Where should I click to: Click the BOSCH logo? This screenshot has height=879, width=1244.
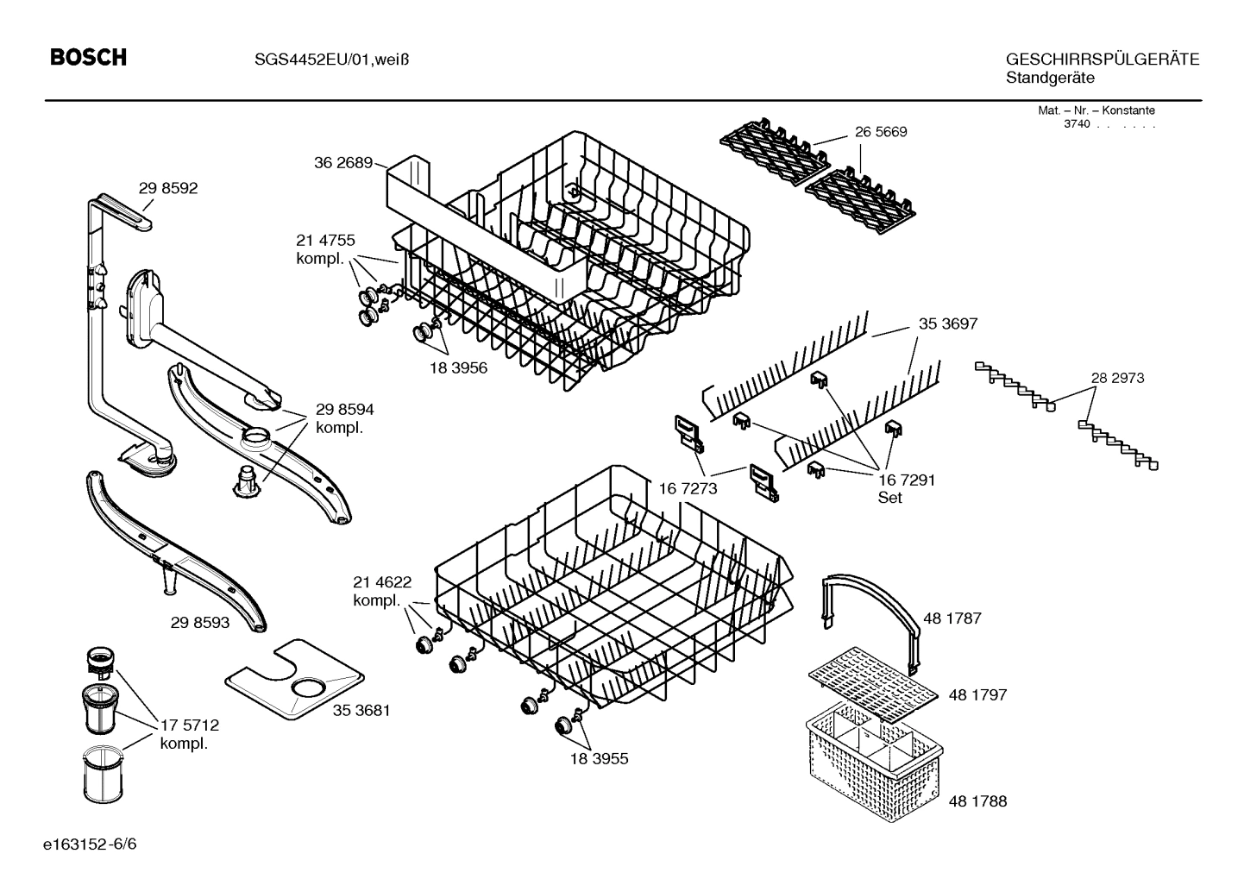point(88,58)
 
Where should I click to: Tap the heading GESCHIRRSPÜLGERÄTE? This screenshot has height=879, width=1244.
point(1102,59)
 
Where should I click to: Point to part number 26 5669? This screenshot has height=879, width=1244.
point(881,132)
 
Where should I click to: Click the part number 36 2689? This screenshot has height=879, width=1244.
point(342,163)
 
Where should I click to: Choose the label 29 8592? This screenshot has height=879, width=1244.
point(167,188)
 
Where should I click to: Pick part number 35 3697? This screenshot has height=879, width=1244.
point(947,324)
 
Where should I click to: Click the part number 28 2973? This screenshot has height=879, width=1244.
point(1117,378)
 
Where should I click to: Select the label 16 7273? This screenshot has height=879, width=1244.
point(688,489)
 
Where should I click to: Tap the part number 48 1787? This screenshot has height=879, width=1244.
point(952,618)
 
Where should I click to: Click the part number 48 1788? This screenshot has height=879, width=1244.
point(977,801)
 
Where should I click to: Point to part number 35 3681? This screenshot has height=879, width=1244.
point(361,710)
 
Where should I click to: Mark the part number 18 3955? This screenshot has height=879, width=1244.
point(599,759)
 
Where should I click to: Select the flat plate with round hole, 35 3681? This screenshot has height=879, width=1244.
point(293,678)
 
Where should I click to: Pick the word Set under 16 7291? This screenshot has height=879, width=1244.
point(889,498)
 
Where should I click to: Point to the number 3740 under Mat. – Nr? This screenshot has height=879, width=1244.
point(1076,124)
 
